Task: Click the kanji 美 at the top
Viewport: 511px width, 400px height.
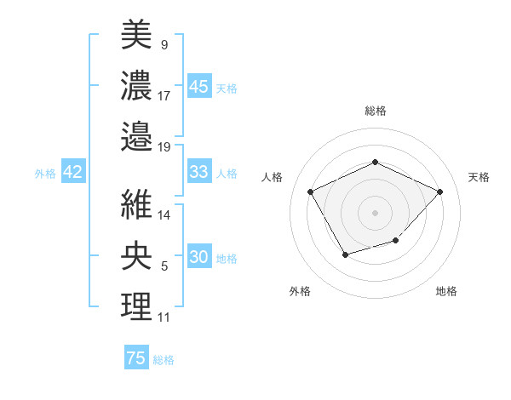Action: click(136, 36)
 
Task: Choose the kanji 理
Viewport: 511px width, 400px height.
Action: click(136, 305)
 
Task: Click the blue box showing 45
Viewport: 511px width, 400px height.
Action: click(198, 86)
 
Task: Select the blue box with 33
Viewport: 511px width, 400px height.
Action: click(198, 172)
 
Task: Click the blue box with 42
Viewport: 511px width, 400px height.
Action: click(72, 172)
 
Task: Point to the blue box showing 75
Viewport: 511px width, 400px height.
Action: click(136, 358)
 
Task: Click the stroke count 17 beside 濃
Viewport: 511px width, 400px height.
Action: click(164, 96)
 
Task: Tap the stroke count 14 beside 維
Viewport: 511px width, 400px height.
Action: click(164, 215)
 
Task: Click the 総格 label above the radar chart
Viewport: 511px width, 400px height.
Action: click(375, 111)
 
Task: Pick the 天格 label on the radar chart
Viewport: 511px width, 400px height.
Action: click(479, 177)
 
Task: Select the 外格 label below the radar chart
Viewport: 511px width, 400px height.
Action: click(300, 291)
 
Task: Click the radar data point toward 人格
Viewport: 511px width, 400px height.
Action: click(310, 191)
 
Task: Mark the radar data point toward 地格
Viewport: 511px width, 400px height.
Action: click(396, 242)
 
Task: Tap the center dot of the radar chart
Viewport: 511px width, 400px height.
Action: click(375, 212)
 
